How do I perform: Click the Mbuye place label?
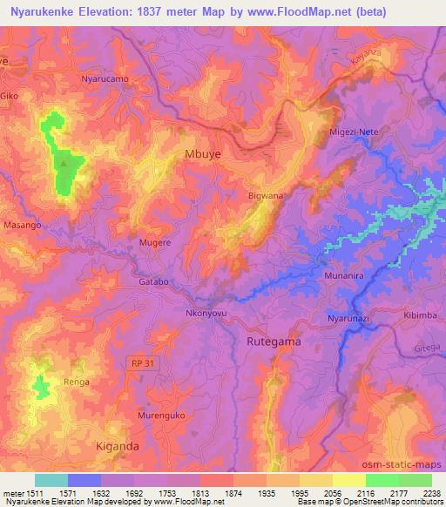pos(202,153)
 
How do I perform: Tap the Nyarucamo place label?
pos(105,78)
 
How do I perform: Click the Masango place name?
pos(22,225)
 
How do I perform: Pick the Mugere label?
pos(155,242)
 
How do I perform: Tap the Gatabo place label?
pos(152,283)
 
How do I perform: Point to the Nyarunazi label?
pos(350,321)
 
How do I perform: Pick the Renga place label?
pos(77,382)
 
